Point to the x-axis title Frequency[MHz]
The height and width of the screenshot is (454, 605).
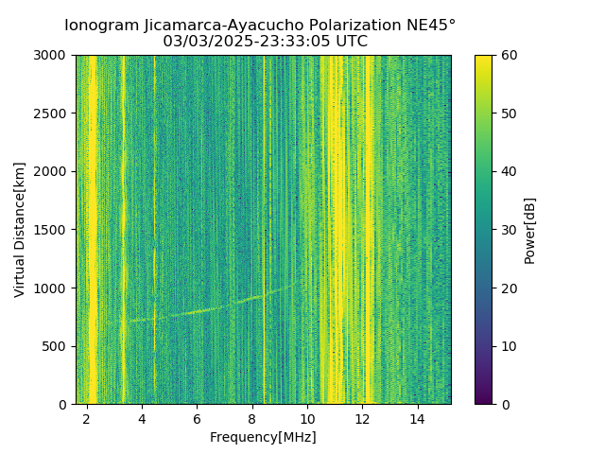(x=263, y=437)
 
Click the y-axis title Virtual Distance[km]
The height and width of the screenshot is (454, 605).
(x=20, y=229)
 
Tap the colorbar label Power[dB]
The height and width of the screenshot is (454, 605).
(x=530, y=230)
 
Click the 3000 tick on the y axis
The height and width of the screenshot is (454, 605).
(x=52, y=55)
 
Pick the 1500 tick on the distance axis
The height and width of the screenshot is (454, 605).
(x=52, y=230)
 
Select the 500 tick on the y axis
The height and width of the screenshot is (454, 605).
(x=56, y=346)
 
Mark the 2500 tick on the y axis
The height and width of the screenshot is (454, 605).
(x=52, y=113)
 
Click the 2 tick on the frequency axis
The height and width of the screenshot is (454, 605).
(x=87, y=418)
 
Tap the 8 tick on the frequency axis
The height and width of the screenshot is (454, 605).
(x=252, y=418)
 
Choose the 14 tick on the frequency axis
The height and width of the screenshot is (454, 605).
(x=418, y=418)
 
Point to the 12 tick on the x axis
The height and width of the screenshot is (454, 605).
(x=363, y=418)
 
